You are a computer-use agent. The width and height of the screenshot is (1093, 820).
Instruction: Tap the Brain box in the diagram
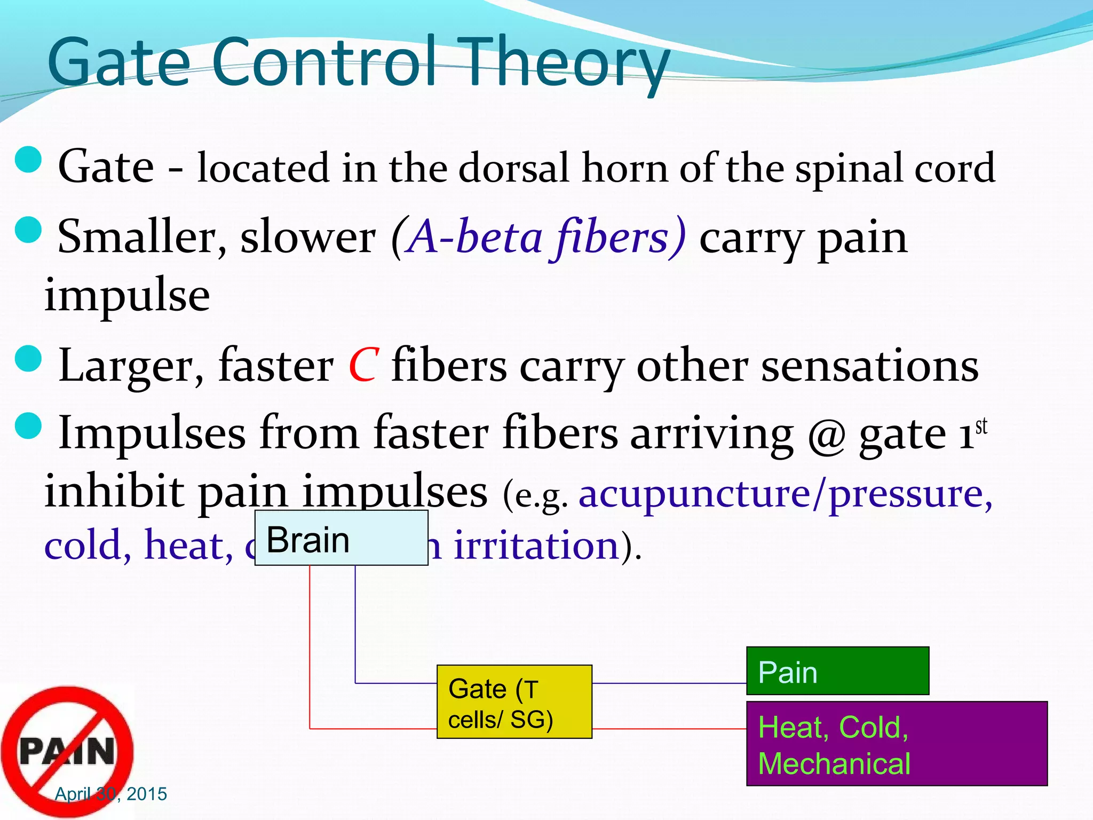342,538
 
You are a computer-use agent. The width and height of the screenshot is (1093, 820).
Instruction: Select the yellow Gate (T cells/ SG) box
514,702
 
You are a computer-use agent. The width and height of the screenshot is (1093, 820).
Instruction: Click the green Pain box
837,671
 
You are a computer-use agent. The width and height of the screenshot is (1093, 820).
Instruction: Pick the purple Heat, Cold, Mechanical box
897,744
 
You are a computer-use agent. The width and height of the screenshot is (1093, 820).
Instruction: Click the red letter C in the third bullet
364,366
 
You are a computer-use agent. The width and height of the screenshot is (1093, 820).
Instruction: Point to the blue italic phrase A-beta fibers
539,236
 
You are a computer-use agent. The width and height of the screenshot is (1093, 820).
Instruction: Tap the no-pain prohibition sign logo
67,750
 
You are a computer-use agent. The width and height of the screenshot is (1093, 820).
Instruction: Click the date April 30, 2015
111,794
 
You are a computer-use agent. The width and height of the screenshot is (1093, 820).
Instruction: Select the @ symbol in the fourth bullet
826,433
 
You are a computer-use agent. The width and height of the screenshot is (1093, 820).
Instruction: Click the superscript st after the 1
981,427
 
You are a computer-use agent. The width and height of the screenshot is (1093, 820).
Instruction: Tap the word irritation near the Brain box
536,546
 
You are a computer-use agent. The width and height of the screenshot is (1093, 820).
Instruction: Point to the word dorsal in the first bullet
514,168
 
